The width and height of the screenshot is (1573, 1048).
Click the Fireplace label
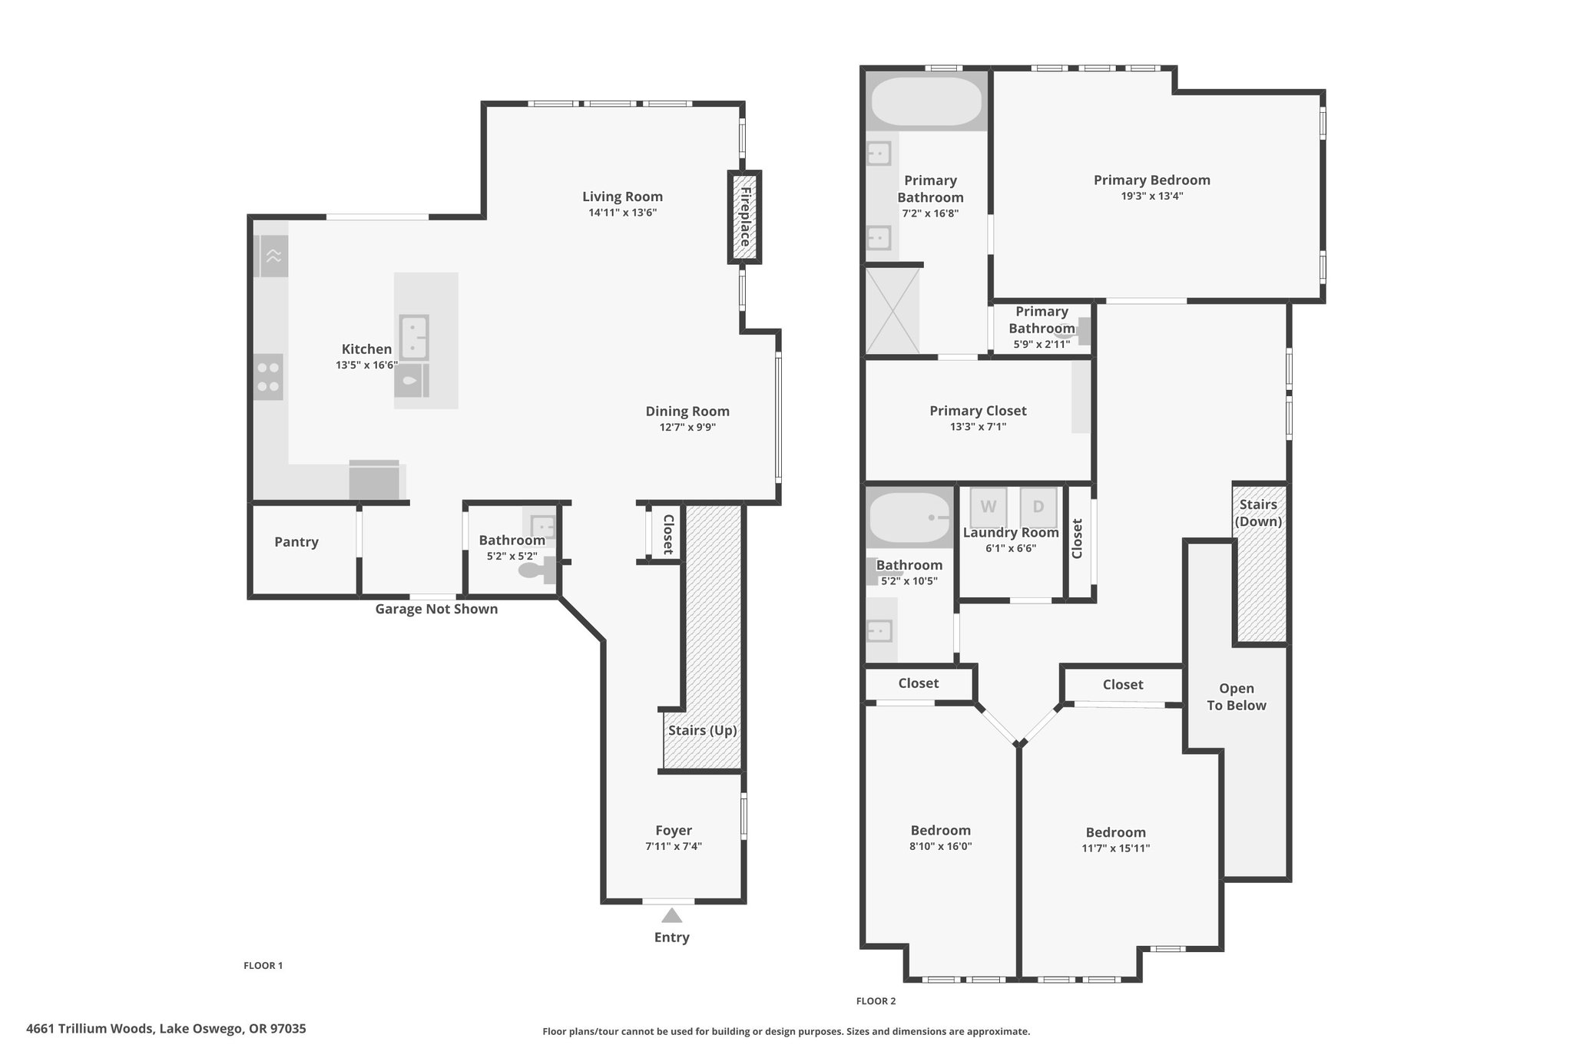pyautogui.click(x=744, y=217)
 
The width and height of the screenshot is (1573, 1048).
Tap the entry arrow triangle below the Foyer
pyautogui.click(x=672, y=915)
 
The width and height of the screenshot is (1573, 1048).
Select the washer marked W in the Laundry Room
pyautogui.click(x=989, y=507)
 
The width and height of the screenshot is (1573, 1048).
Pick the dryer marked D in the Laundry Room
pyautogui.click(x=1038, y=507)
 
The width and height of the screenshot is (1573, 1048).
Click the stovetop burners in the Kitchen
pyautogui.click(x=268, y=377)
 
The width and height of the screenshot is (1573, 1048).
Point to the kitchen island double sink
pyautogui.click(x=414, y=337)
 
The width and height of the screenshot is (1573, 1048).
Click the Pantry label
pyautogui.click(x=296, y=542)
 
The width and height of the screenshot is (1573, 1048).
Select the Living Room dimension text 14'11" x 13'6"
pyautogui.click(x=622, y=213)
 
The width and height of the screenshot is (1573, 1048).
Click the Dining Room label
pyautogui.click(x=687, y=412)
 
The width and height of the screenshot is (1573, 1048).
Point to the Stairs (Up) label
pyautogui.click(x=702, y=730)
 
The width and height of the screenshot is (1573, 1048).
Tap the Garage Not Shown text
pyautogui.click(x=436, y=609)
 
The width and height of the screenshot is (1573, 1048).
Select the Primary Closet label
pyautogui.click(x=978, y=411)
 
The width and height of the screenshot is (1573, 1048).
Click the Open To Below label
pyautogui.click(x=1237, y=697)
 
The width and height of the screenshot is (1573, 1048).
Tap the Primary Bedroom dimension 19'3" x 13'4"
pyautogui.click(x=1151, y=196)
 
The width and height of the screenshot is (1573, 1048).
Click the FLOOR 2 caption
pyautogui.click(x=876, y=1001)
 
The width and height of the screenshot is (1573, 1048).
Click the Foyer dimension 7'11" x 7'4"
pyautogui.click(x=674, y=847)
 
